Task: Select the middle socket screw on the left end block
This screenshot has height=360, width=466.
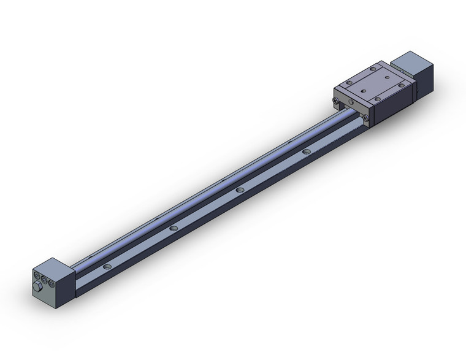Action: [45, 280]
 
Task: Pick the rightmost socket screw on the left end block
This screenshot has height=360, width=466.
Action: [52, 283]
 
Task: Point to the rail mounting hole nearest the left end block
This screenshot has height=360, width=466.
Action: [108, 267]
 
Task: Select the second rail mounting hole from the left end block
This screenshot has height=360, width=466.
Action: [174, 228]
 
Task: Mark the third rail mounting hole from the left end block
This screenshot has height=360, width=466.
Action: [240, 190]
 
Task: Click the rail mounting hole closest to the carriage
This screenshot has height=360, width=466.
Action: [306, 151]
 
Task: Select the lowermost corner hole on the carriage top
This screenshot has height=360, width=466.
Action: [378, 100]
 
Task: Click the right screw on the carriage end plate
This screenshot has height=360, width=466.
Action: [365, 118]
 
